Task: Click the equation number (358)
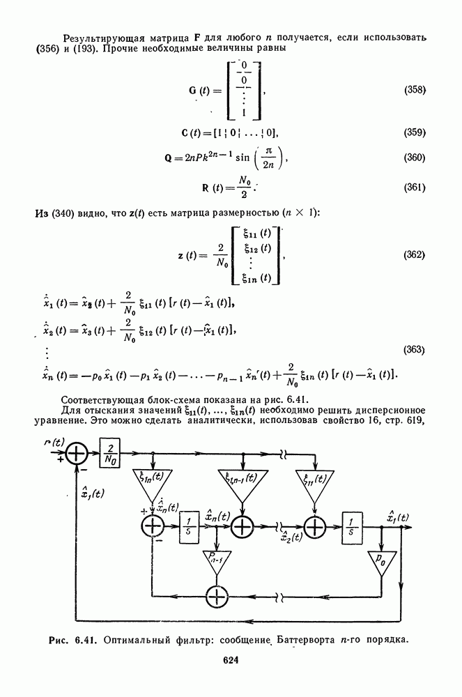[x=415, y=90]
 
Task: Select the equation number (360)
[x=415, y=158]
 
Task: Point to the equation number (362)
[x=415, y=254]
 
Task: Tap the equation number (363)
[x=415, y=350]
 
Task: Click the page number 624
[x=231, y=661]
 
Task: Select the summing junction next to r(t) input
[x=77, y=454]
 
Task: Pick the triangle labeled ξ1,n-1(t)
[x=242, y=483]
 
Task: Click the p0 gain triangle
[x=381, y=562]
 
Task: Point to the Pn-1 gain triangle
[x=216, y=562]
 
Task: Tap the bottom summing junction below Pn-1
[x=216, y=596]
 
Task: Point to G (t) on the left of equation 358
[x=205, y=91]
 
